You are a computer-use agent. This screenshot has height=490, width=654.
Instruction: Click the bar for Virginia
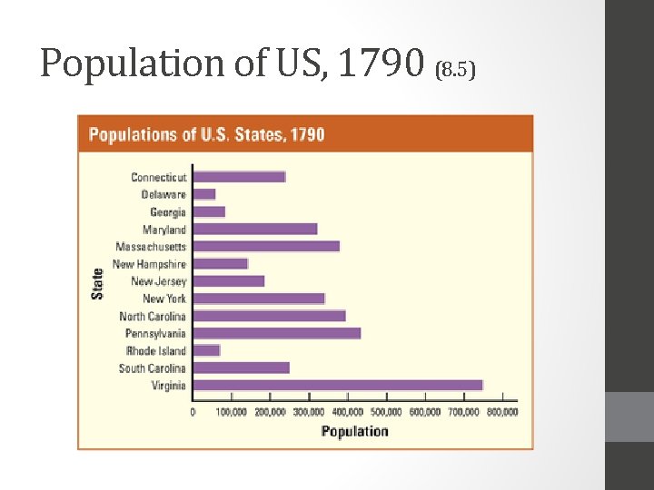[x=338, y=385]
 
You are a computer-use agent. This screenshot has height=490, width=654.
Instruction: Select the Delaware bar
[x=204, y=194]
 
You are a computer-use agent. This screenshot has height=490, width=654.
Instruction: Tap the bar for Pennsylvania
[x=277, y=333]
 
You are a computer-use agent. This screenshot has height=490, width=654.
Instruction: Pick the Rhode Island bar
[x=207, y=350]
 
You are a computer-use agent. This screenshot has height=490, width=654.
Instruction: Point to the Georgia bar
[x=209, y=211]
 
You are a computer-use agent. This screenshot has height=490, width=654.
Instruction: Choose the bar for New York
[x=259, y=299]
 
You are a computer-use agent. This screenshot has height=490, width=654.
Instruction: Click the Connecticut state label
[x=158, y=177]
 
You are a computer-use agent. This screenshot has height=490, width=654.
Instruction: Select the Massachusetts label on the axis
[x=151, y=247]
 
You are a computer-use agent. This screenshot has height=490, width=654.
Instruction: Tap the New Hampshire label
[x=149, y=264]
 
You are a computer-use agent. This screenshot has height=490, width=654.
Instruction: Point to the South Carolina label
[x=152, y=367]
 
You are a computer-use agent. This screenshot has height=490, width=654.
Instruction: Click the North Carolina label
[x=152, y=316]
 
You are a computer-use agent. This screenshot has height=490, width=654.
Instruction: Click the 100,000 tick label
[x=232, y=412]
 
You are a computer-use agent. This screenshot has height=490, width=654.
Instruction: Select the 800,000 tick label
[x=502, y=412]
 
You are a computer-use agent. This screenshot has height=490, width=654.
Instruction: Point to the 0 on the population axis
[x=193, y=412]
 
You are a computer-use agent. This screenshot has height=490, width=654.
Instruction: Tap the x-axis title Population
[x=354, y=431]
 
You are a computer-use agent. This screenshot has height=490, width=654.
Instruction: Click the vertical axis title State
[x=97, y=282]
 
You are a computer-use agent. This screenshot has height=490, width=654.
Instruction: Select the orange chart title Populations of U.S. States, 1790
[x=206, y=134]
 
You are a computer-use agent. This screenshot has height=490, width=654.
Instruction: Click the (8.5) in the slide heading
[x=457, y=70]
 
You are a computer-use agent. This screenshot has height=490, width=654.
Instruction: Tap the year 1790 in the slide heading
[x=381, y=63]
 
